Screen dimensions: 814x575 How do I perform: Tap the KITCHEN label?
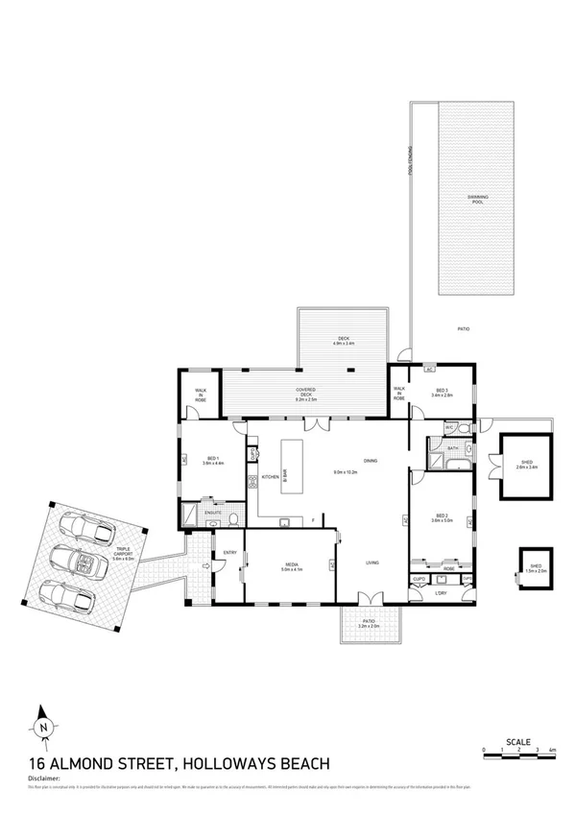point(271,477)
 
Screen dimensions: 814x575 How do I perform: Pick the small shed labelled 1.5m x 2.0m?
point(536,567)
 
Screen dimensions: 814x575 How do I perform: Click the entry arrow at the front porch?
point(204,566)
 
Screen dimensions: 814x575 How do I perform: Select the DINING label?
point(370,462)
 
